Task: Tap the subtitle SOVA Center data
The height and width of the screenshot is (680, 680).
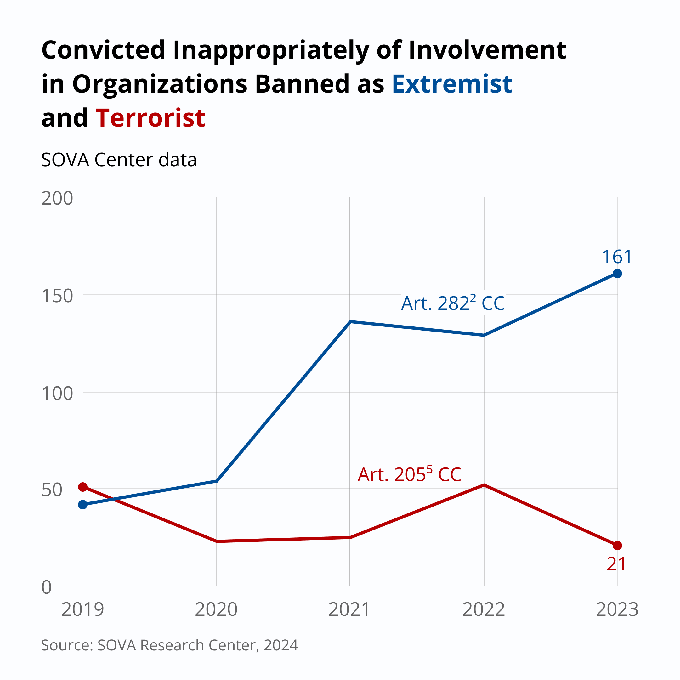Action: (119, 160)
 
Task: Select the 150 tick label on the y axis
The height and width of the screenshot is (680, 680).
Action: (57, 296)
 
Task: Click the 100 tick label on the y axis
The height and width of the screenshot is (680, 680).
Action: (57, 393)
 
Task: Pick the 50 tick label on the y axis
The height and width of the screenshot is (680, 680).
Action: (52, 490)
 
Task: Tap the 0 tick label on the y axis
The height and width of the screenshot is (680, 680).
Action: (47, 587)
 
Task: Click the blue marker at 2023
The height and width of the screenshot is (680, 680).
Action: (617, 274)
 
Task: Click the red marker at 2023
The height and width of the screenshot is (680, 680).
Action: (617, 546)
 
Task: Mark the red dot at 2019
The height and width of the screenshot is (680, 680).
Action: (83, 487)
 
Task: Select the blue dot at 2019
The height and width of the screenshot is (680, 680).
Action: (83, 505)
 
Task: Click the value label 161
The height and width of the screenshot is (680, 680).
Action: (617, 257)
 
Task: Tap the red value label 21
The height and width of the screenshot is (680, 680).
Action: (616, 564)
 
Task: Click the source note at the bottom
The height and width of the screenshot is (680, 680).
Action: (170, 645)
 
